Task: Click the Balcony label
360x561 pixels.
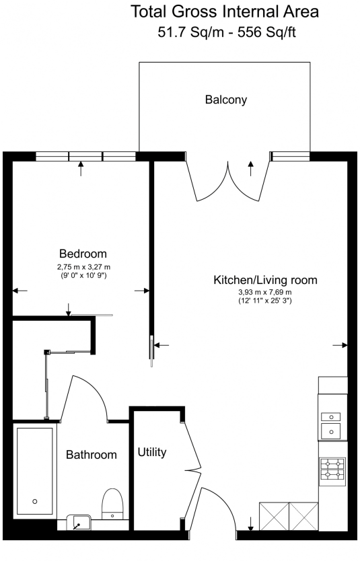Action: (x=226, y=100)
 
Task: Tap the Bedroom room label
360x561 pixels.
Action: (x=83, y=254)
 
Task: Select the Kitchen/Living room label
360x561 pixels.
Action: (x=264, y=280)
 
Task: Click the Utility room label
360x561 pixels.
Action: (x=152, y=452)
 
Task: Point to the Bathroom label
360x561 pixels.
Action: (x=91, y=455)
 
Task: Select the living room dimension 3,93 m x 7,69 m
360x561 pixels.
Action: (x=264, y=292)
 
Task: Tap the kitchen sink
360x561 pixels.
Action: (x=330, y=423)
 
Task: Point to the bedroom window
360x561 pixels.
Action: (x=85, y=156)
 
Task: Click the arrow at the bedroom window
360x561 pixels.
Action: (x=81, y=168)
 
